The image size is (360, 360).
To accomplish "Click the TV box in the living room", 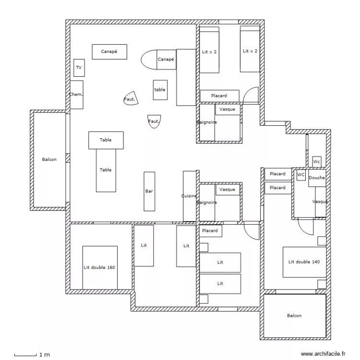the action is coord(79,68).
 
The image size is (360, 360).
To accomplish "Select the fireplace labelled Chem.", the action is coord(76,95).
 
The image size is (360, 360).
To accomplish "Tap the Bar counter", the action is coord(149,191).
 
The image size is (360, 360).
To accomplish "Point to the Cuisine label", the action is coord(189,196).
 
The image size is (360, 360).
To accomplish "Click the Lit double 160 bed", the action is coord(100,268).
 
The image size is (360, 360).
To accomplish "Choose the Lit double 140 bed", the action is coord(304,262).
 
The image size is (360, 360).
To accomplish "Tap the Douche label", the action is coord(317,178).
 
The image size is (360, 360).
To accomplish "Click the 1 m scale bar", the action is coord(25,355).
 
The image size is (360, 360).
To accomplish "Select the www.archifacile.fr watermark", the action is coord(323,354).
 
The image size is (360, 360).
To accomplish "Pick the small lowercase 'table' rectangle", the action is coord(160,90).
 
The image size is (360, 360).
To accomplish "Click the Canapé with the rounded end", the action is coord(158,60).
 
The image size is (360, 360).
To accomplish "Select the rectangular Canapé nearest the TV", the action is coord(109,52).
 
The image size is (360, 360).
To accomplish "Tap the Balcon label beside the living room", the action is coord(49,159).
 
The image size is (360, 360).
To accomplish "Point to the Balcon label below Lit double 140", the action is coord(294,315).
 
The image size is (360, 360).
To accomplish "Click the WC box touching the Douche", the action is coord(301,175).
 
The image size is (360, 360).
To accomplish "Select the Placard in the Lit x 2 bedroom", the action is coord(219,96).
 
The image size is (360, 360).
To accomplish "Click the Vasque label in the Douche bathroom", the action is coord(320,202).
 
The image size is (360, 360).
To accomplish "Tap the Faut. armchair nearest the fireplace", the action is coord(131,98).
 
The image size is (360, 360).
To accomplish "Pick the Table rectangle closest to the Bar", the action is coord(106,170).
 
